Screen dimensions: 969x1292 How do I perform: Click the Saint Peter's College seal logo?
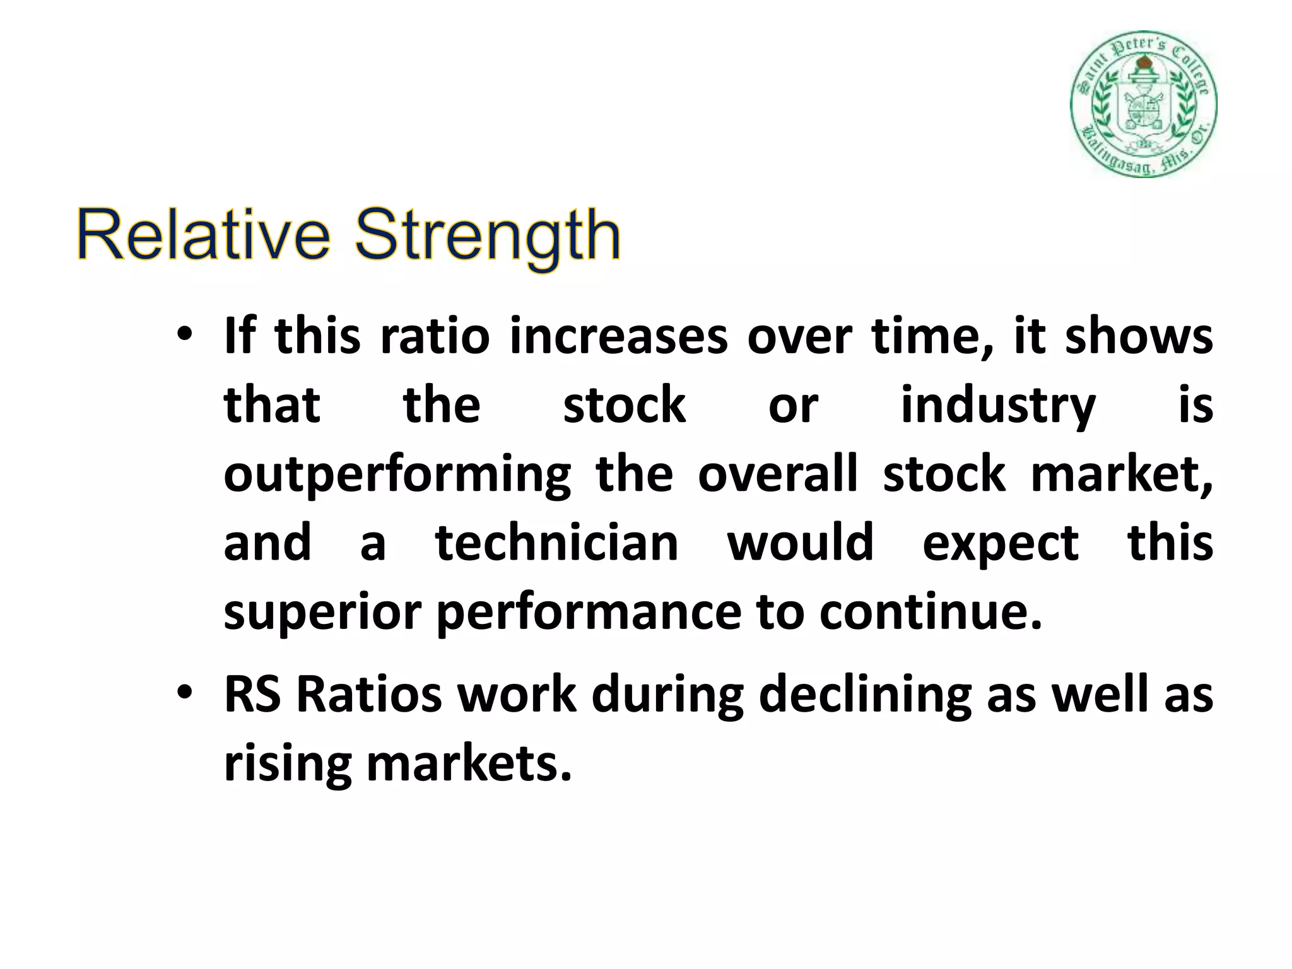click(x=1143, y=104)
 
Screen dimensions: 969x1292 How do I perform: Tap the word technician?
click(x=556, y=543)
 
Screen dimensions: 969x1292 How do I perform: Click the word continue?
click(x=931, y=612)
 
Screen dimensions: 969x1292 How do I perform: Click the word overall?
click(x=777, y=474)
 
